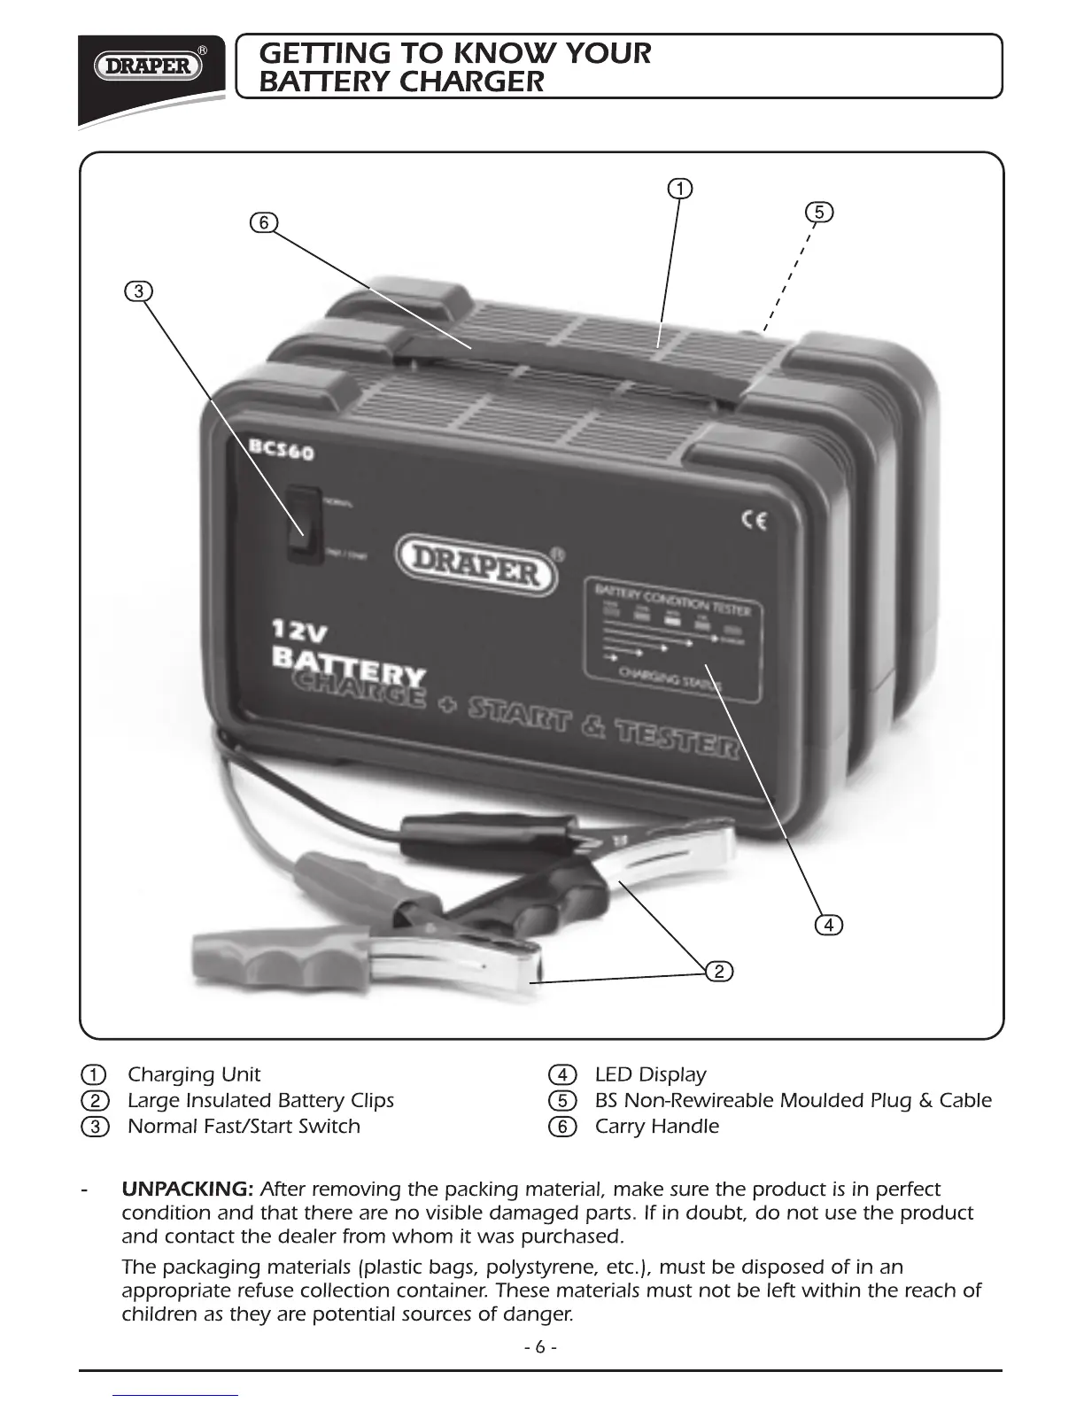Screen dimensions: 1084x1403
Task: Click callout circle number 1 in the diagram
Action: pyautogui.click(x=679, y=189)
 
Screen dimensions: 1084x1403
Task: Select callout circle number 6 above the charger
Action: pyautogui.click(x=263, y=222)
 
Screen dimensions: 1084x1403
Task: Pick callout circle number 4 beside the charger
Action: pyautogui.click(x=828, y=925)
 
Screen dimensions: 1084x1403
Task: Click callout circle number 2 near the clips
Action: pyautogui.click(x=719, y=972)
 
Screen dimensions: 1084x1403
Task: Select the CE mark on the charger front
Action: pyautogui.click(x=754, y=521)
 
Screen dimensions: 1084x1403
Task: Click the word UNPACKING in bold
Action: pyautogui.click(x=189, y=1189)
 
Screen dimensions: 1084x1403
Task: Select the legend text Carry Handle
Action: pyautogui.click(x=656, y=1127)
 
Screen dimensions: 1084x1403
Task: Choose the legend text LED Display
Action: pyautogui.click(x=650, y=1074)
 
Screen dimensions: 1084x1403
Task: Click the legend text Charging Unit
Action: pyautogui.click(x=194, y=1074)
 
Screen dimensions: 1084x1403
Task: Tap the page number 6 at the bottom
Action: pyautogui.click(x=540, y=1347)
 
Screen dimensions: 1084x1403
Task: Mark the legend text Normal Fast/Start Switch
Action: pyautogui.click(x=244, y=1127)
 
